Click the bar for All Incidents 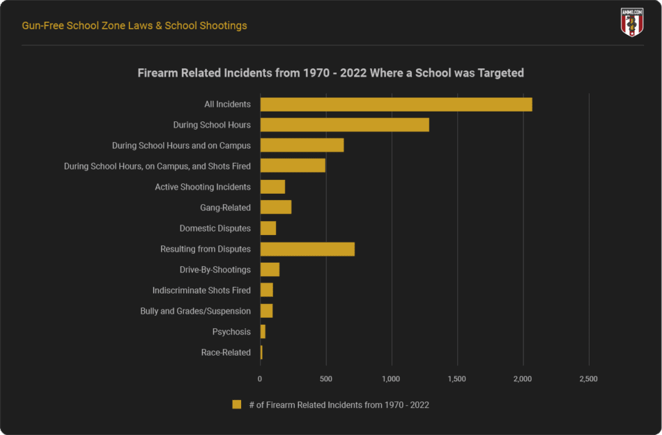396,105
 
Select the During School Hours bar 344,125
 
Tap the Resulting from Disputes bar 307,249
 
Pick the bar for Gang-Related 275,207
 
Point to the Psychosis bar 263,332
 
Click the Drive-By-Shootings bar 270,270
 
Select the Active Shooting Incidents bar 272,187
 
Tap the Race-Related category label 226,353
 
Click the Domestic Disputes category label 215,229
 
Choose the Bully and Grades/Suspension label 195,311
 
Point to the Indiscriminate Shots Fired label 201,291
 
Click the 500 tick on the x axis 325,379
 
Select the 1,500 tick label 457,379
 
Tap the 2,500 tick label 588,379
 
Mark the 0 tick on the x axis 260,379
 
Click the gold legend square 237,405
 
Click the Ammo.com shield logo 631,23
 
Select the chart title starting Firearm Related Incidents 330,72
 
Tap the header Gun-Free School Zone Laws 134,26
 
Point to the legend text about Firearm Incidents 339,405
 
